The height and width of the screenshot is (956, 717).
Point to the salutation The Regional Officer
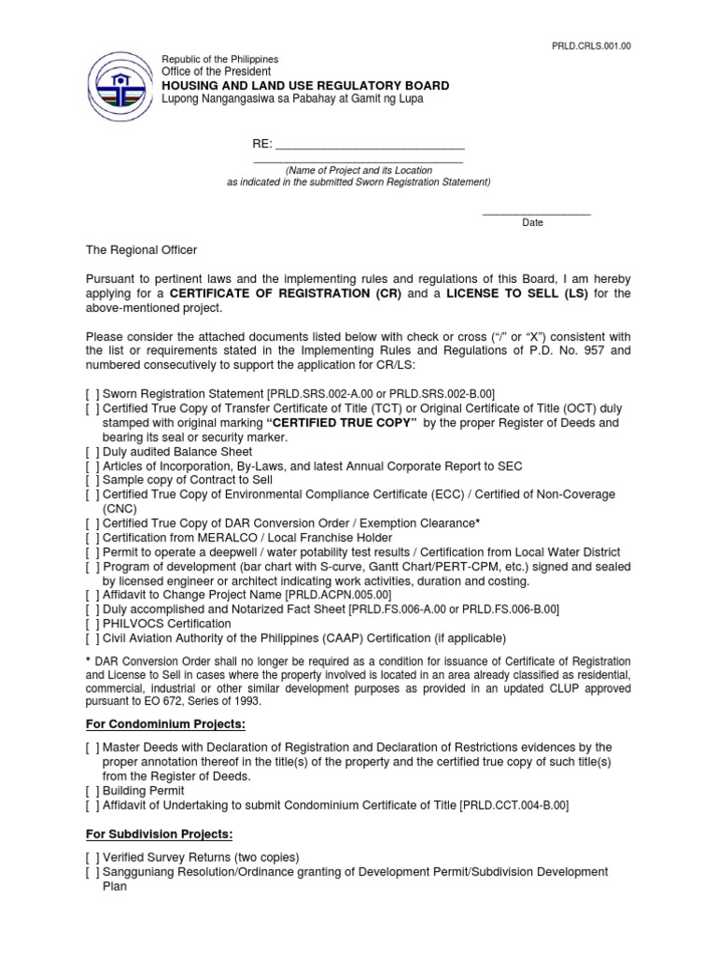(x=142, y=250)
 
